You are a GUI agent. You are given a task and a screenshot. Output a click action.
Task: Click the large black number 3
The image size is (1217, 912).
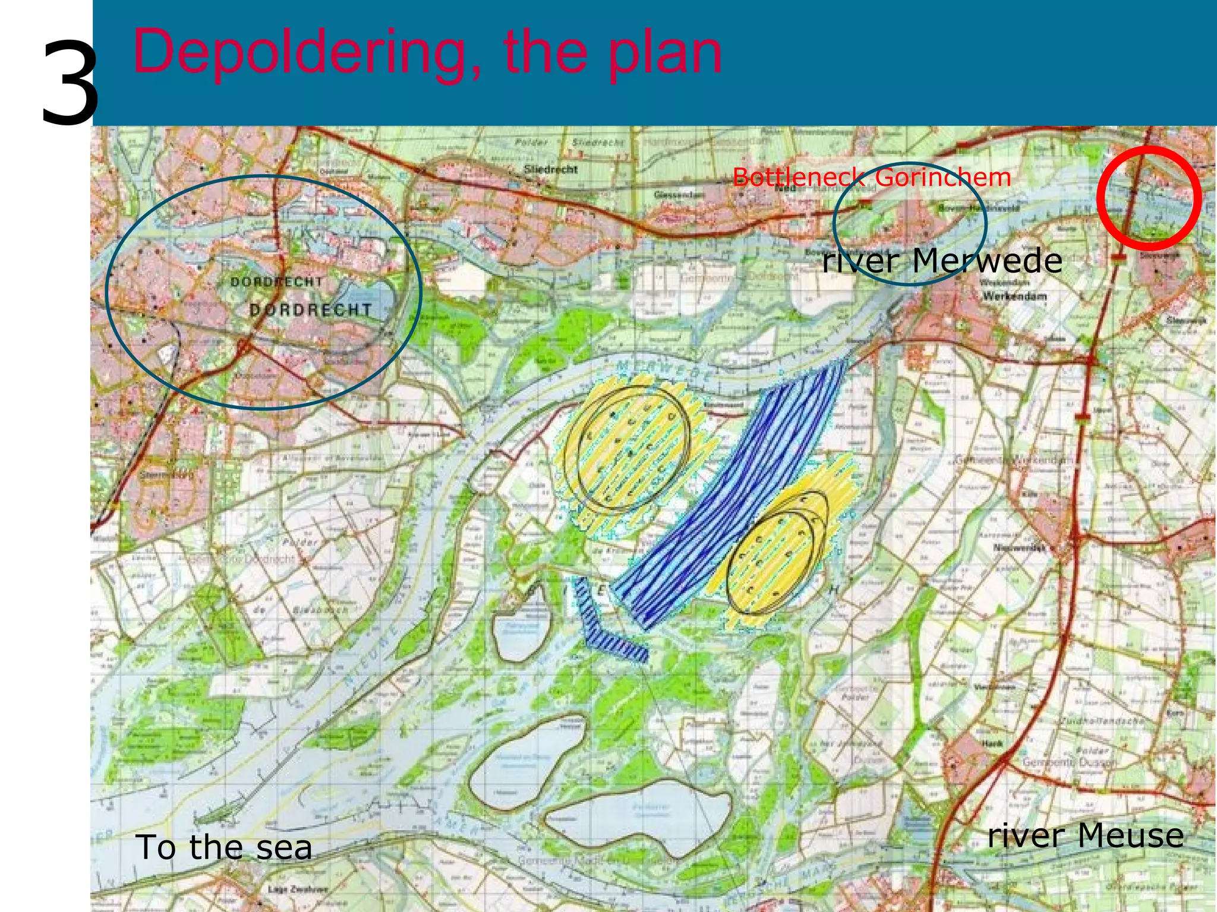pos(70,83)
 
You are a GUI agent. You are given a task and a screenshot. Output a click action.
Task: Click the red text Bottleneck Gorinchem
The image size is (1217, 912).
pos(871,177)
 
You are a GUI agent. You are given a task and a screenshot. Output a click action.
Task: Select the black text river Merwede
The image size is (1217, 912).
pos(942,261)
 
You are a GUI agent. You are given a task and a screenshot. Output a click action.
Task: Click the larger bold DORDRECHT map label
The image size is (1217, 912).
pos(310,310)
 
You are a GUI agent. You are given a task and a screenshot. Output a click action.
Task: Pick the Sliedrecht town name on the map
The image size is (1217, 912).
pos(550,169)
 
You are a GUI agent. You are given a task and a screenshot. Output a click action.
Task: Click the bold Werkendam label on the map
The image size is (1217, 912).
pos(1014,296)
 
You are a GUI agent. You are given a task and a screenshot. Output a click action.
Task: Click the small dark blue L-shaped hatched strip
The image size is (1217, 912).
pos(612,635)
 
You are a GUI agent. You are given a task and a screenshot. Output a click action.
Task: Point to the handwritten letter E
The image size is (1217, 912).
pos(601,590)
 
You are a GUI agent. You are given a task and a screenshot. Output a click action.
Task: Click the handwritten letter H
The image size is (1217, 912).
pos(833,590)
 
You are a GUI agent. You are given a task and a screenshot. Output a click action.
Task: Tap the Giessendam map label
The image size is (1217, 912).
pos(679,194)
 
